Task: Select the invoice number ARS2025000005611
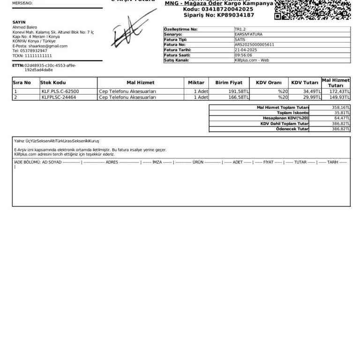click(255, 45)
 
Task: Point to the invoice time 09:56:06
click(243, 55)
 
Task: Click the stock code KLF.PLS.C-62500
click(60, 91)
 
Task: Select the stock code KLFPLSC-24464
click(59, 97)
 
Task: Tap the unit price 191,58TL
click(239, 91)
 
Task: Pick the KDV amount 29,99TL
click(312, 97)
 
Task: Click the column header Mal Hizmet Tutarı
click(336, 82)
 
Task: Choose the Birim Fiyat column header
click(229, 82)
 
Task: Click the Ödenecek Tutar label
click(292, 129)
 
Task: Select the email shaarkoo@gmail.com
click(48, 46)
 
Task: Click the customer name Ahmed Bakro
click(24, 27)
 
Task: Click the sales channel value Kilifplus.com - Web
click(252, 60)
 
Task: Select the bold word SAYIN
click(19, 22)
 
